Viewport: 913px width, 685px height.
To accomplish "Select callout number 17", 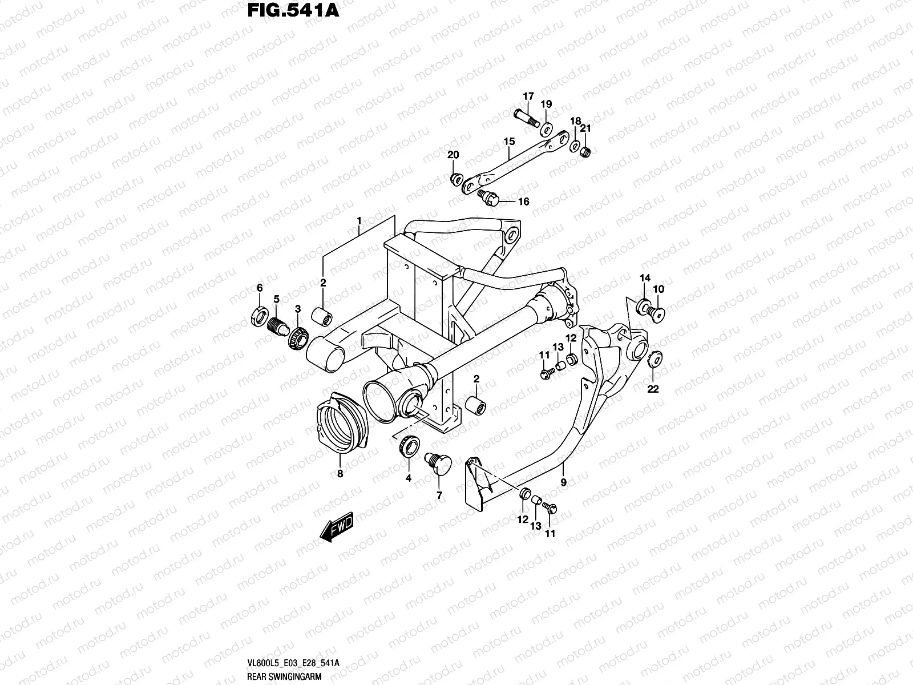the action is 528,96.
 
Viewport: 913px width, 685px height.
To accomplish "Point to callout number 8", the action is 340,473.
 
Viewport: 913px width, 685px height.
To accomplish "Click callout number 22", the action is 653,389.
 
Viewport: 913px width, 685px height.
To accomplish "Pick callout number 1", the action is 359,220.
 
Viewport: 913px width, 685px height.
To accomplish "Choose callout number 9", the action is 564,482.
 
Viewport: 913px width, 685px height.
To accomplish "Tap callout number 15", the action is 509,141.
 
